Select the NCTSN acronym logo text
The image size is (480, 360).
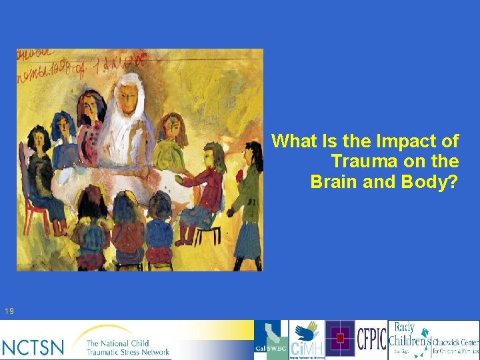[x=33, y=347]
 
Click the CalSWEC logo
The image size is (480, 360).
[x=271, y=340]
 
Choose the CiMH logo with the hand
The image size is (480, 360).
[x=307, y=340]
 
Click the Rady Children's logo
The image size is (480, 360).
[x=406, y=340]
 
